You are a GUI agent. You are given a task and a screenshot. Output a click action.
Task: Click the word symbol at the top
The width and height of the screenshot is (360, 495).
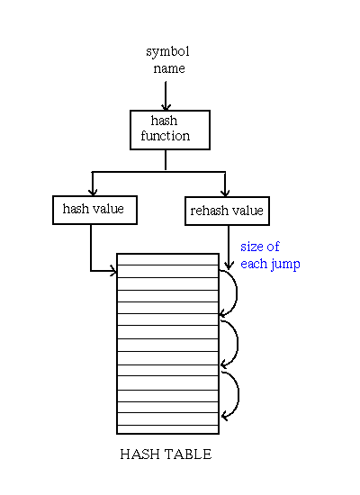click(x=167, y=52)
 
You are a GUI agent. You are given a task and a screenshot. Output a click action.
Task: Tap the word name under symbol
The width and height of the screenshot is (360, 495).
click(x=169, y=68)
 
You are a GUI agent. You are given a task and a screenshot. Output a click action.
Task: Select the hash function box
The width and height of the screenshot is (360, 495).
click(x=170, y=130)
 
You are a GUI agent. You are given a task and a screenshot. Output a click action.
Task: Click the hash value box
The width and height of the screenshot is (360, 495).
click(x=94, y=210)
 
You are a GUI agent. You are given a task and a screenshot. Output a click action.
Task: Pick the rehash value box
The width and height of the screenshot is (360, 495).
click(x=227, y=211)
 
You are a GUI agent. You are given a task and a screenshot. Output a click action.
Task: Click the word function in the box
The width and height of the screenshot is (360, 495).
click(x=166, y=136)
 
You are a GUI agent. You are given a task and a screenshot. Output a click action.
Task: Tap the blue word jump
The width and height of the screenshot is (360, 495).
click(x=284, y=265)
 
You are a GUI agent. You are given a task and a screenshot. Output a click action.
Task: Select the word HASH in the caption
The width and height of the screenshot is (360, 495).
click(x=139, y=454)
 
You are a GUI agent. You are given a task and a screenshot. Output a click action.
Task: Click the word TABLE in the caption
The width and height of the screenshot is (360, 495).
click(x=188, y=454)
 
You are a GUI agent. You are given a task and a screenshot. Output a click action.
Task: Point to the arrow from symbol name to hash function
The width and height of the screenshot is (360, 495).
click(x=166, y=95)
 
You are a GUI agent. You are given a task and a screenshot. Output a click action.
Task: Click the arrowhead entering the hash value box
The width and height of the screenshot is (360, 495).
click(x=93, y=192)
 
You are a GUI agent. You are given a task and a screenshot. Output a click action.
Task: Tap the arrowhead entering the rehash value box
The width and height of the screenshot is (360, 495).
click(x=225, y=193)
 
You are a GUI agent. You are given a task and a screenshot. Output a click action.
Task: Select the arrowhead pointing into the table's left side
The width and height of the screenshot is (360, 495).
click(x=113, y=271)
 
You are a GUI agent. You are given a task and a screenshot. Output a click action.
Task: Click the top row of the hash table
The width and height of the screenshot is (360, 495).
click(x=167, y=259)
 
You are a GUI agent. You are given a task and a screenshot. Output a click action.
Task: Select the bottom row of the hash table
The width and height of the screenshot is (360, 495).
click(x=167, y=429)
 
